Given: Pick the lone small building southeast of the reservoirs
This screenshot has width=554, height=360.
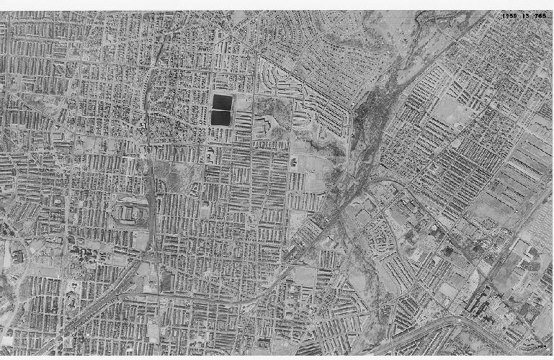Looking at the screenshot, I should tap(294, 161).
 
